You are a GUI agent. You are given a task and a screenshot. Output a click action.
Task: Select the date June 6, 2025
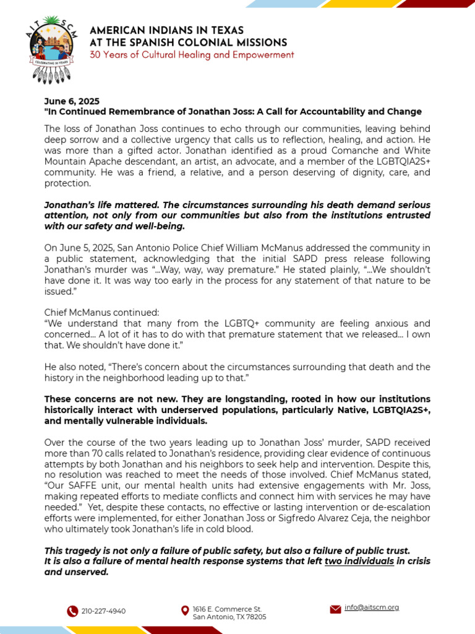pyautogui.click(x=71, y=101)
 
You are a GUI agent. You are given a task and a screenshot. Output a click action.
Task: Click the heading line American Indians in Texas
pyautogui.click(x=166, y=30)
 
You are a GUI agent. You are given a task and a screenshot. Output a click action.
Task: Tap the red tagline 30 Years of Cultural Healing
pyautogui.click(x=192, y=55)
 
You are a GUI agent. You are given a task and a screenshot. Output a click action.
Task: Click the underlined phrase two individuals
pyautogui.click(x=359, y=561)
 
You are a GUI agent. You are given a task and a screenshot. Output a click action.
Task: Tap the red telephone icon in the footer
pyautogui.click(x=72, y=611)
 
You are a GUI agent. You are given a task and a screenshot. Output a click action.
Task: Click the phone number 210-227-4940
pyautogui.click(x=103, y=611)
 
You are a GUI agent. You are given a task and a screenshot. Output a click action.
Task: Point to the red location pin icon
pyautogui.click(x=184, y=611)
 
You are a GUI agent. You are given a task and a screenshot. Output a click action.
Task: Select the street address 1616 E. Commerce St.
pyautogui.click(x=226, y=609)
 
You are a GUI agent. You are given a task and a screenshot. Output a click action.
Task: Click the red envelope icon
pyautogui.click(x=335, y=609)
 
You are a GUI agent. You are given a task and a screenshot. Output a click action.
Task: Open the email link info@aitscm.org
pyautogui.click(x=372, y=607)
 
